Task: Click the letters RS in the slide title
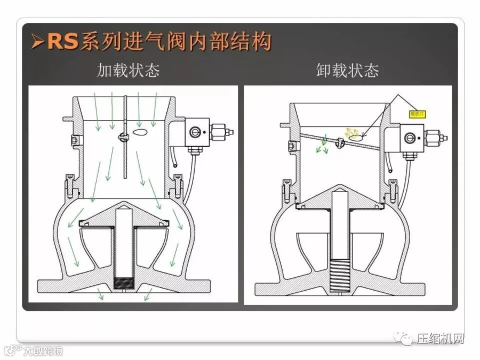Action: click(x=63, y=41)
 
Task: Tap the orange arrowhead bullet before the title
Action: click(x=37, y=42)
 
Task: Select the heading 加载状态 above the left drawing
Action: click(x=128, y=71)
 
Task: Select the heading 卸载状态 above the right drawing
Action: click(x=348, y=71)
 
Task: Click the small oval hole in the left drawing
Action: click(x=140, y=131)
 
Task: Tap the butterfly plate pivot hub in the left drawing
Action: click(x=124, y=137)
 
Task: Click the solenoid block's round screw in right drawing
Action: click(x=410, y=138)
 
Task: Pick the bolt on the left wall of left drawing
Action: click(x=75, y=140)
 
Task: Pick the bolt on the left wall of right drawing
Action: click(x=291, y=145)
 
